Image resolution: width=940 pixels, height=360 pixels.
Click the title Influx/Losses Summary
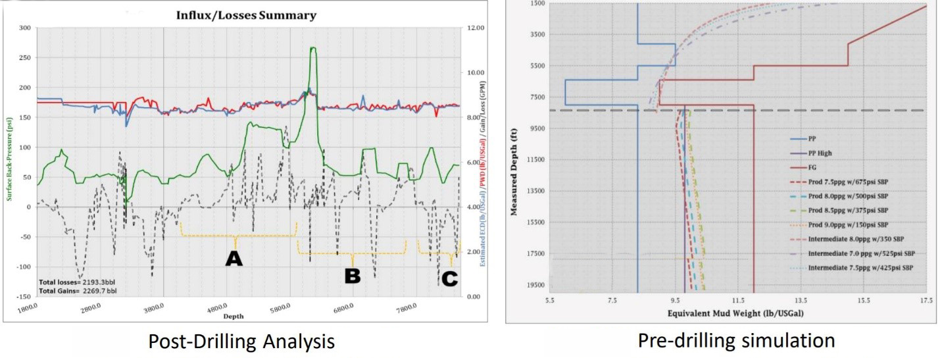pos(245,14)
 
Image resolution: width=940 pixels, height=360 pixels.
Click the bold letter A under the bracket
pos(234,259)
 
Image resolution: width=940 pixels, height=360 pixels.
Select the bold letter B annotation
pos(353,276)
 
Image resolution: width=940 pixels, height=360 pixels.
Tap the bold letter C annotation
pos(449,279)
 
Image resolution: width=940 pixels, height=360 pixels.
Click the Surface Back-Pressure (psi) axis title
pos(9,151)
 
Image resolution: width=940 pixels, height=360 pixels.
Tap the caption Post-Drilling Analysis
pos(241,342)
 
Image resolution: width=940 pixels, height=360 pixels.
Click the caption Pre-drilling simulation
pos(736,341)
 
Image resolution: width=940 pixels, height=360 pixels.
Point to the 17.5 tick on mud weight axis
pos(926,300)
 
